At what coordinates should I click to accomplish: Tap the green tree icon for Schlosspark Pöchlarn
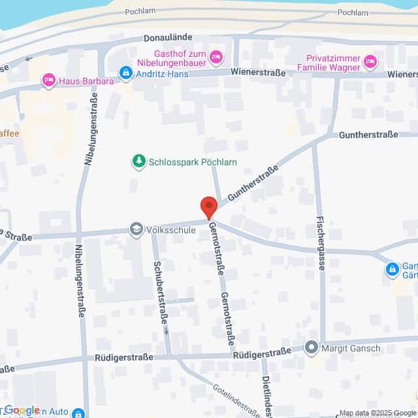[138, 161]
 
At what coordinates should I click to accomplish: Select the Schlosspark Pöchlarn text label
[193, 162]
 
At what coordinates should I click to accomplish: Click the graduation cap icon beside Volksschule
[136, 229]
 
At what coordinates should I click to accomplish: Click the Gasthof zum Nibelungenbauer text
[180, 58]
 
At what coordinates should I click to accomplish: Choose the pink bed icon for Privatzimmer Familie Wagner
[370, 62]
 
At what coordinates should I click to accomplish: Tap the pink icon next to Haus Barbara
[48, 81]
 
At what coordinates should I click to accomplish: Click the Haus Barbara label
[86, 81]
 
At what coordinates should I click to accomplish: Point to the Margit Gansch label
[351, 349]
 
